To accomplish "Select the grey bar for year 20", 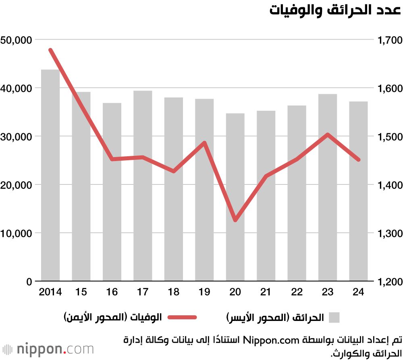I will pyautogui.click(x=235, y=197).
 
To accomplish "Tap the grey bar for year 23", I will pyautogui.click(x=328, y=187).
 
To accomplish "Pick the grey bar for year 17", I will pyautogui.click(x=143, y=186).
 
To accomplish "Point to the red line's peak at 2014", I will pyautogui.click(x=50, y=50).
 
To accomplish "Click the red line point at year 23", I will pyautogui.click(x=328, y=134).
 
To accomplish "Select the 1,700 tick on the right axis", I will pyautogui.click(x=389, y=40).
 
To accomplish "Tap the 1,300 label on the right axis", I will pyautogui.click(x=389, y=234).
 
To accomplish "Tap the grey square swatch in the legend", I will pyautogui.click(x=334, y=317).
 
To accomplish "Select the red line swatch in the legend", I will pyautogui.click(x=182, y=317).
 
